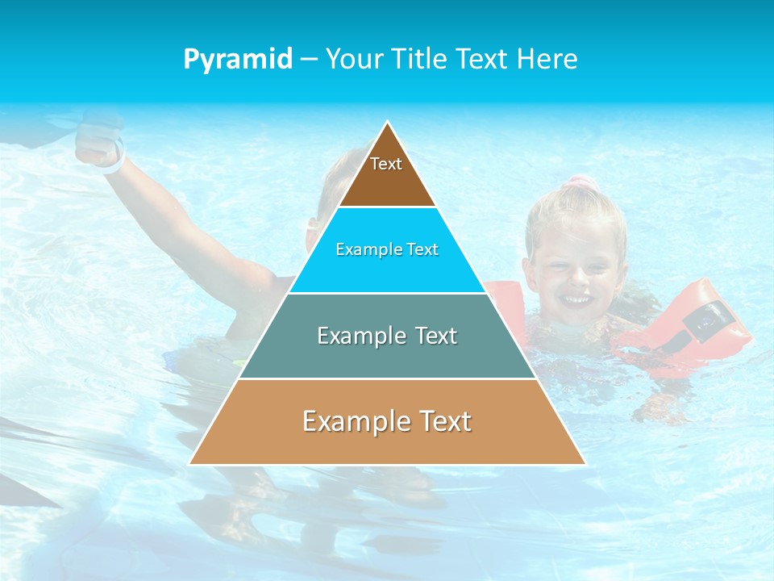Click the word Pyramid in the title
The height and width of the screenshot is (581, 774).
238,60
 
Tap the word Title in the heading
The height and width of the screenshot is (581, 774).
417,60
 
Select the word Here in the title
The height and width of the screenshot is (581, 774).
547,60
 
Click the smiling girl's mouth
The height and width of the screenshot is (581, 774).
576,300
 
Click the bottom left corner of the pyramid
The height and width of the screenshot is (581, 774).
190,463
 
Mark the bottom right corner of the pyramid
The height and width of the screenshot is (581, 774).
584,463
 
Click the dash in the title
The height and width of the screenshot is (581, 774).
309,60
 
